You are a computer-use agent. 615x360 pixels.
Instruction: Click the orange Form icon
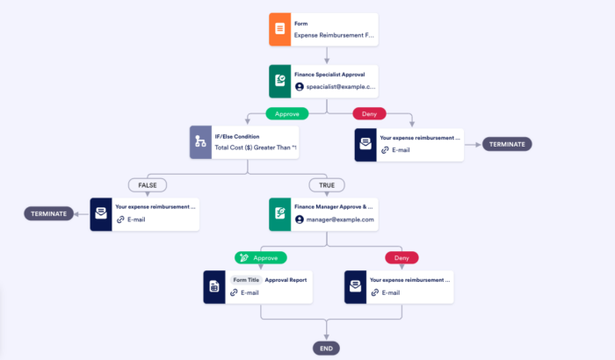(279, 29)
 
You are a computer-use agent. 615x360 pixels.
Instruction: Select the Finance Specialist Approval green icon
(279, 81)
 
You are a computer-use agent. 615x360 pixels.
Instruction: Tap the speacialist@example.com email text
(340, 87)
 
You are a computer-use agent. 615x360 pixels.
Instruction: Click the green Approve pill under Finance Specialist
(289, 114)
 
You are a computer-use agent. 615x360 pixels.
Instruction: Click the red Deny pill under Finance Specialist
(370, 114)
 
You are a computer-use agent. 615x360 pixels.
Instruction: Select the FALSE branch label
(147, 185)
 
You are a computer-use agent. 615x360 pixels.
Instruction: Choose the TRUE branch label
(326, 185)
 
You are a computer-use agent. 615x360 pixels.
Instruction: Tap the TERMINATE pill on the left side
(48, 213)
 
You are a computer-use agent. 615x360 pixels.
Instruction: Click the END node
(326, 349)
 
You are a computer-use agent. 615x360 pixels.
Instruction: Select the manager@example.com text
(339, 220)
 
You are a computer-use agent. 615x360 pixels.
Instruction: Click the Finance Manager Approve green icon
(280, 213)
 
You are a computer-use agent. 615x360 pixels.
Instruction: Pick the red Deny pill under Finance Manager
(402, 257)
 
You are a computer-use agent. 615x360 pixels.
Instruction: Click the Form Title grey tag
(246, 279)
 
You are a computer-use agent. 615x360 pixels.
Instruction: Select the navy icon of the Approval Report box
(214, 286)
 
